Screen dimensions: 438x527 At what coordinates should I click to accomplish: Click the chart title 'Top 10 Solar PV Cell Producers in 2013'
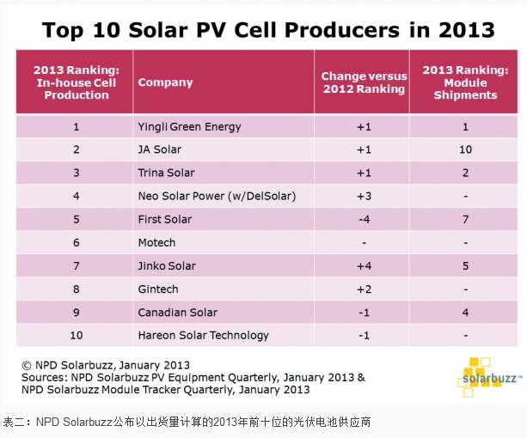268,30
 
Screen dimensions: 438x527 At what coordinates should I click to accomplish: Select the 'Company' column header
165,82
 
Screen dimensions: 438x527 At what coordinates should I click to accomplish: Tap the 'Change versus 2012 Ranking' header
363,82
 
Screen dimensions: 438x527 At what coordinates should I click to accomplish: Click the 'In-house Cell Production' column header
75,82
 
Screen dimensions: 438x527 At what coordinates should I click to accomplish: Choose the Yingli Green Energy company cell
189,127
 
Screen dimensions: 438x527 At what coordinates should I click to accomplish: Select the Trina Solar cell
165,173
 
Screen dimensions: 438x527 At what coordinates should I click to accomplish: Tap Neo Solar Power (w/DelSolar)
217,197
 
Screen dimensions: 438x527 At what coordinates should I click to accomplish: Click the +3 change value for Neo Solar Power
363,197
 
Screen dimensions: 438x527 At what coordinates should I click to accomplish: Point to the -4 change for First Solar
363,220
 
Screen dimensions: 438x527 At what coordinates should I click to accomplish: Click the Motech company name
156,243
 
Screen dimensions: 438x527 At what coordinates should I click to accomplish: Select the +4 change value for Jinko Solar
363,266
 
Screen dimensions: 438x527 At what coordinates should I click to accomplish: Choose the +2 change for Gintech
363,289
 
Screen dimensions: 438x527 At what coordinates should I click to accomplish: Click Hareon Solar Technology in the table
203,336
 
